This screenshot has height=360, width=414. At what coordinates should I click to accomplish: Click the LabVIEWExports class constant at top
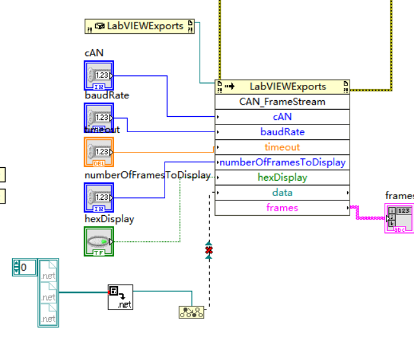(140, 26)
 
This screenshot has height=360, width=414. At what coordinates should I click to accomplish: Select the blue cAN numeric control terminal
(99, 75)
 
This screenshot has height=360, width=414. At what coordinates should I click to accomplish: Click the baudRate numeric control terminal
(99, 117)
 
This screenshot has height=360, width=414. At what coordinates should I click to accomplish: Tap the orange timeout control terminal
(99, 152)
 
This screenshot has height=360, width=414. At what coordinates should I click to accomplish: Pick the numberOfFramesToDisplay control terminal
(99, 197)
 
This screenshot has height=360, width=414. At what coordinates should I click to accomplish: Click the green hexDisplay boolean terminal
(99, 241)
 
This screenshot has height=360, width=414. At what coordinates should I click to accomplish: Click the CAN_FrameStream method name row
(282, 101)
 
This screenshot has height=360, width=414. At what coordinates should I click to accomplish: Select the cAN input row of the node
(282, 117)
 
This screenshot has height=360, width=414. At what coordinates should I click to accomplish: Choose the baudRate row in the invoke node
(282, 132)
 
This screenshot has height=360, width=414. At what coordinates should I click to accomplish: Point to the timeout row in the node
(282, 147)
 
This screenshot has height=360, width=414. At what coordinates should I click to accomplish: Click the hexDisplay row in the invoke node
(282, 177)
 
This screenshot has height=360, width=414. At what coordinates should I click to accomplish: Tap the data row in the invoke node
(282, 193)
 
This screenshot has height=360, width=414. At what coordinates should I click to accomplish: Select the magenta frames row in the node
(282, 207)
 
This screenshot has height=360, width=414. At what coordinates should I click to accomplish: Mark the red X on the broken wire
(209, 251)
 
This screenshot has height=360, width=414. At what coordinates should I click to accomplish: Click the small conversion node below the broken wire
(191, 312)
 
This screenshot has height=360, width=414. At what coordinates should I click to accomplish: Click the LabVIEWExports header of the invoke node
(282, 86)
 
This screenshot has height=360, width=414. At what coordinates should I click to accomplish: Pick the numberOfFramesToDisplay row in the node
(282, 162)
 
